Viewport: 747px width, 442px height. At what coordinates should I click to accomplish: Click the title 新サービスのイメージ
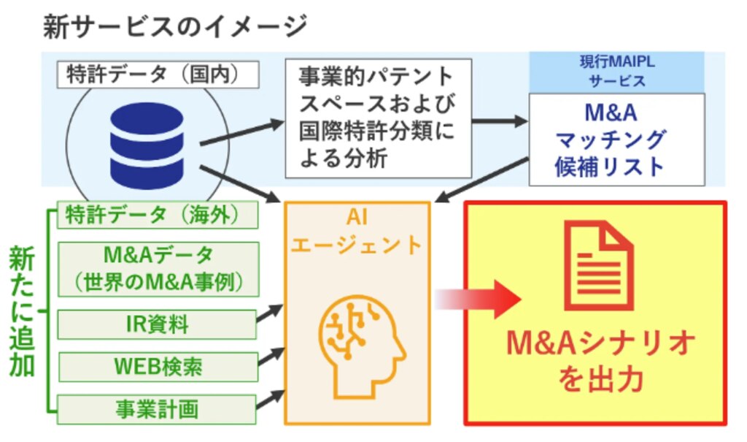pyautogui.click(x=175, y=27)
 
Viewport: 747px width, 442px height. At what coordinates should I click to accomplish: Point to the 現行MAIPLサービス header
pyautogui.click(x=616, y=71)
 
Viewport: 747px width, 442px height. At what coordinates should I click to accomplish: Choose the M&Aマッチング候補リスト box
pyautogui.click(x=616, y=139)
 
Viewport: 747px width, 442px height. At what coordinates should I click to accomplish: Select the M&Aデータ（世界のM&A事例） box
pyautogui.click(x=158, y=268)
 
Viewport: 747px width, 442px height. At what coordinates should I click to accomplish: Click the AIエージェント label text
pyautogui.click(x=357, y=232)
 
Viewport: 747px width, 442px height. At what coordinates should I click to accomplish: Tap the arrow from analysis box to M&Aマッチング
pyautogui.click(x=499, y=121)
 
